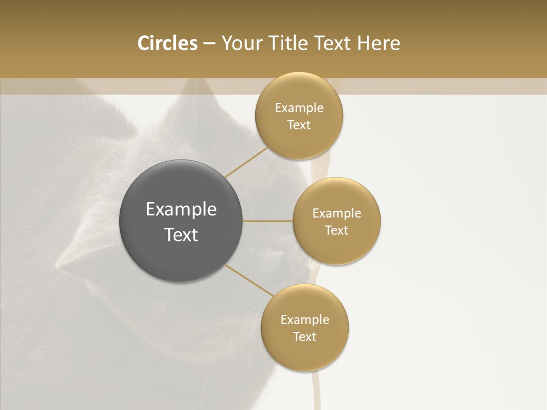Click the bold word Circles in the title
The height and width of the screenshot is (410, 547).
[167, 43]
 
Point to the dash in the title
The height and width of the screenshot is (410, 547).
[209, 44]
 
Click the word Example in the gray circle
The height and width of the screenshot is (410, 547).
[181, 210]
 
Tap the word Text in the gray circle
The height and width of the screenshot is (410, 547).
[181, 235]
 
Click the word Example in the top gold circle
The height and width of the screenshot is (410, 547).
[299, 108]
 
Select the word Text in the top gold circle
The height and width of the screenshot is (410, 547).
[299, 125]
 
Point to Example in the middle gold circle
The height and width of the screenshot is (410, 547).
[337, 214]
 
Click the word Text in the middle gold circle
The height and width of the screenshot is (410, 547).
[337, 230]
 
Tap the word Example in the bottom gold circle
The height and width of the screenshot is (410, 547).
[305, 320]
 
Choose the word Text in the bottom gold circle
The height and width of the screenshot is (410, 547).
[305, 337]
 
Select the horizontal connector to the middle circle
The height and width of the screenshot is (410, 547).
[268, 221]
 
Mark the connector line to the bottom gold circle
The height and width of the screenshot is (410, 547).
[250, 280]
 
